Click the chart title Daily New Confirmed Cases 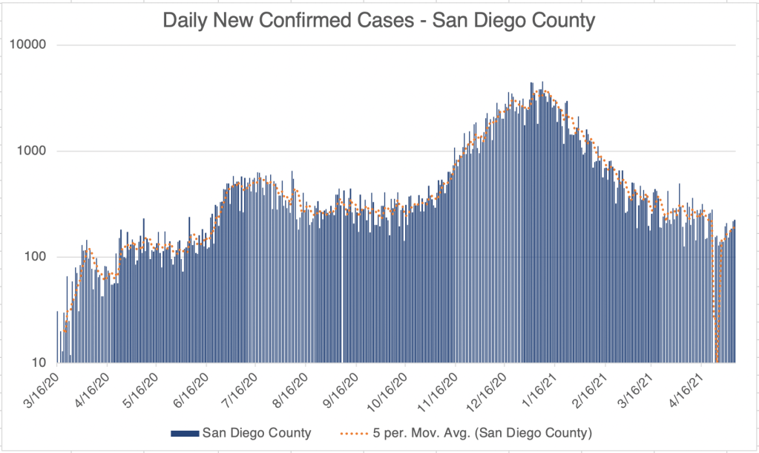point(379,21)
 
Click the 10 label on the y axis point(39,363)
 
